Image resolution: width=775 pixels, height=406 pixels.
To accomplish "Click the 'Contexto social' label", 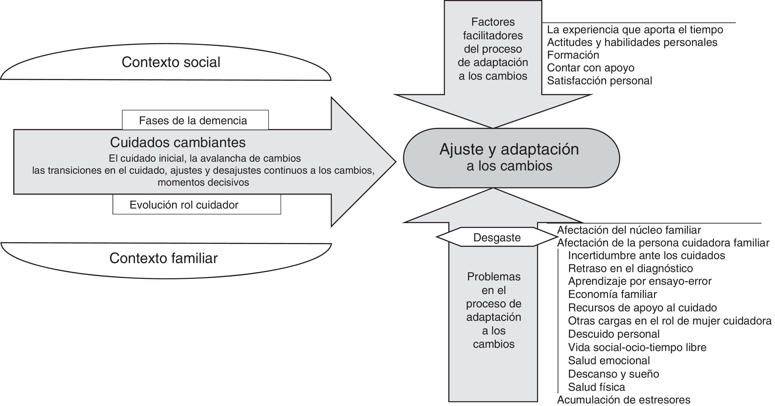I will (x=171, y=62).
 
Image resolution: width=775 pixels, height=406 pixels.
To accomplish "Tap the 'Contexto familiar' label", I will (x=163, y=258).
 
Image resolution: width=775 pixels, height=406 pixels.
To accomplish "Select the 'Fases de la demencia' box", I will (x=193, y=121).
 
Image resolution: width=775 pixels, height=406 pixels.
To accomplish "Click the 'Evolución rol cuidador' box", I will (x=184, y=205).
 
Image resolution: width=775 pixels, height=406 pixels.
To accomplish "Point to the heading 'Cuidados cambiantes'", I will (x=178, y=142).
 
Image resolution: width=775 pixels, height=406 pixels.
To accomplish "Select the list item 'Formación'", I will (x=573, y=55).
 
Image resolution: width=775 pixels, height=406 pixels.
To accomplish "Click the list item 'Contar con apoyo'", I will (x=590, y=68).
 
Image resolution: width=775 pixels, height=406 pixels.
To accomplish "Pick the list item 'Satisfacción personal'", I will (x=599, y=81).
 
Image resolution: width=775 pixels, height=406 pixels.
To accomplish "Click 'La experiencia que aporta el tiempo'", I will (x=635, y=30).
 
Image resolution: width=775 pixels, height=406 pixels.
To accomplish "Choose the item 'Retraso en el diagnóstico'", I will (x=630, y=268).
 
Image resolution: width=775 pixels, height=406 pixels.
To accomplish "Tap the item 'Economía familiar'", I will (x=612, y=294).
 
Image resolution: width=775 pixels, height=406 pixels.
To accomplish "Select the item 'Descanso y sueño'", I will (x=613, y=374).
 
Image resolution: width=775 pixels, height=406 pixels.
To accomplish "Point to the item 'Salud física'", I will (x=596, y=387).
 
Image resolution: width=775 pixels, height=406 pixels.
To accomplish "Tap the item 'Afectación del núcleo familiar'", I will (x=629, y=230).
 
